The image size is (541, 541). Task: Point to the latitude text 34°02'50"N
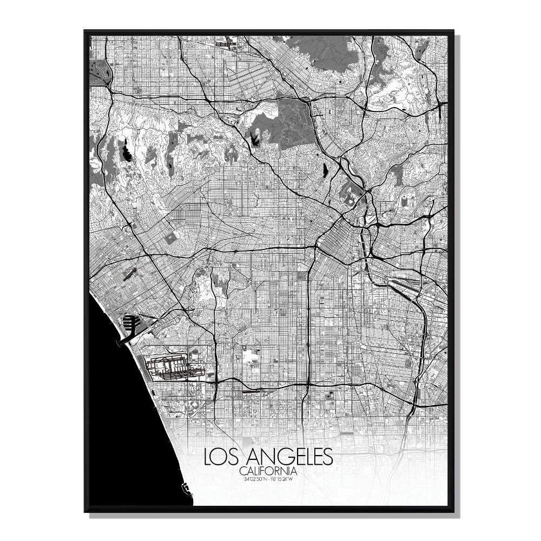(255, 478)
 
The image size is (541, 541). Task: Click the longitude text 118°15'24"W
(282, 478)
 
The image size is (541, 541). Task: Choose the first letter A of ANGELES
(247, 457)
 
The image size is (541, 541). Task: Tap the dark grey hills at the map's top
(325, 54)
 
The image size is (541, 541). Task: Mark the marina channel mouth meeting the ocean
(120, 340)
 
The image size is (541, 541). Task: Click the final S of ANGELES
(326, 457)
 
